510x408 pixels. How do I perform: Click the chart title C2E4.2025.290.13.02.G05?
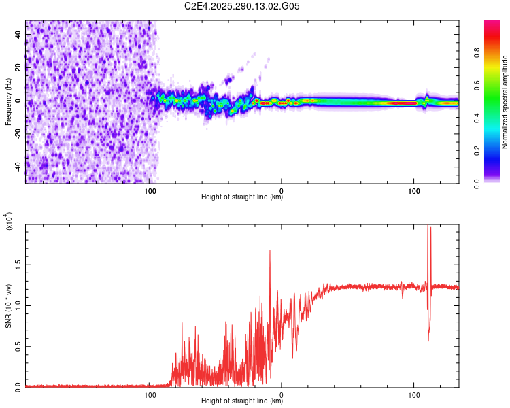(243, 6)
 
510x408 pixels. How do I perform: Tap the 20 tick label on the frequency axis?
(19, 67)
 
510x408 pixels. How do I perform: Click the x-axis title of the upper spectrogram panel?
(242, 198)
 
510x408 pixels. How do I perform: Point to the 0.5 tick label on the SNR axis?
(18, 345)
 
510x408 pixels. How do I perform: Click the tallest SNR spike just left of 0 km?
(270, 252)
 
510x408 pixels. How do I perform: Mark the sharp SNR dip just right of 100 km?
(428, 340)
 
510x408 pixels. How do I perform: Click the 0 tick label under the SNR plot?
(282, 394)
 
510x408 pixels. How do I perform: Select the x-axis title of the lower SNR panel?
(242, 401)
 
